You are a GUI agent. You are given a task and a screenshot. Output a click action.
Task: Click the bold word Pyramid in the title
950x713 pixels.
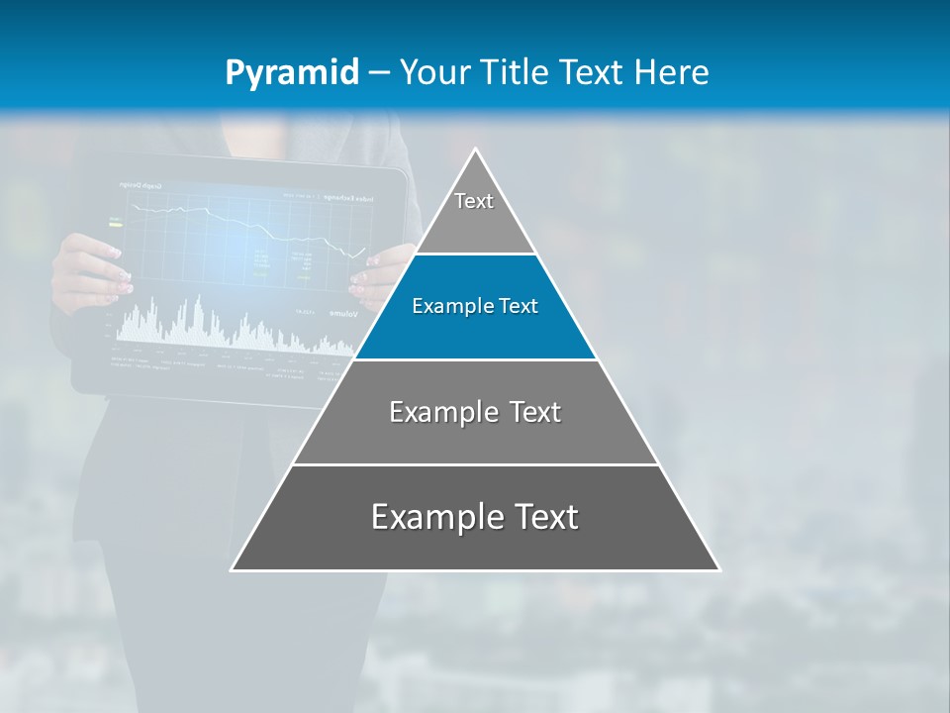pos(292,73)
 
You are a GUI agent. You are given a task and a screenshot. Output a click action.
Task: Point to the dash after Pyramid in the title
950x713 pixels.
pos(378,73)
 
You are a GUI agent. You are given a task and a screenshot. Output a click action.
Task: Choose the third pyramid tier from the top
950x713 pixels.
pos(475,412)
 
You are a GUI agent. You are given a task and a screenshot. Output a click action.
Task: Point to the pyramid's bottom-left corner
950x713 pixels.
pos(233,569)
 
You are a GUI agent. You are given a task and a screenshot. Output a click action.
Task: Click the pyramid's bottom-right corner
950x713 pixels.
pos(718,569)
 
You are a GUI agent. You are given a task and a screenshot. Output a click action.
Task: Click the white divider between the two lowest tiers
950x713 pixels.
pos(475,464)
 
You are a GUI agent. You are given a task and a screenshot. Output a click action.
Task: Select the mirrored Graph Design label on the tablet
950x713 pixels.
pos(142,185)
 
